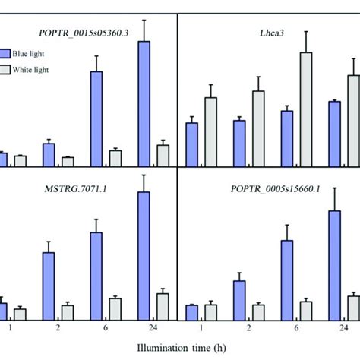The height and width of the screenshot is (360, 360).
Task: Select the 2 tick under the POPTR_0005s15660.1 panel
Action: click(248, 328)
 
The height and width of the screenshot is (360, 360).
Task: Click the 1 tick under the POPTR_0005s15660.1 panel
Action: click(201, 328)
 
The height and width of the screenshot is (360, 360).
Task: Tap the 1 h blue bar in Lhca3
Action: click(191, 144)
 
